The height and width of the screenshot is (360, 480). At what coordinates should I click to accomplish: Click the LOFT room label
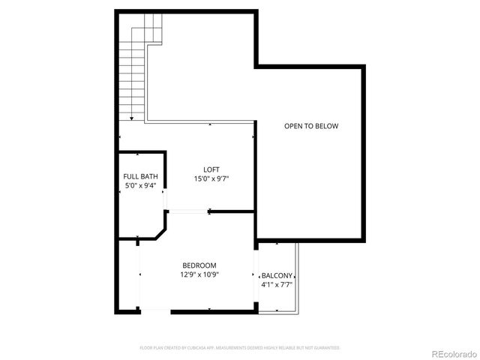pyautogui.click(x=211, y=169)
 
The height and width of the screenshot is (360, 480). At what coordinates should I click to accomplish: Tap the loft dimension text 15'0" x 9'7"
pyautogui.click(x=211, y=178)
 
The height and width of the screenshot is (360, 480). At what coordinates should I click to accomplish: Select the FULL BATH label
pyautogui.click(x=141, y=177)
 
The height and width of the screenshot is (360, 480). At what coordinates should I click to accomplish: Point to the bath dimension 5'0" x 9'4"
pyautogui.click(x=141, y=186)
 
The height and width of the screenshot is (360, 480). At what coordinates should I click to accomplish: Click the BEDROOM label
pyautogui.click(x=199, y=265)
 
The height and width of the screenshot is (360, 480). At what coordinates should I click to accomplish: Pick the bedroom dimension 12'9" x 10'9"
pyautogui.click(x=199, y=275)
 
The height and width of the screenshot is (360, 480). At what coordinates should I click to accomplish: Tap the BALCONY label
pyautogui.click(x=277, y=275)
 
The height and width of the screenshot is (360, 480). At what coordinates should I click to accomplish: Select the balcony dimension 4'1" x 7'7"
pyautogui.click(x=277, y=285)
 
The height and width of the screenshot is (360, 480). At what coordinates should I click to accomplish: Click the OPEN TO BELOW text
pyautogui.click(x=310, y=126)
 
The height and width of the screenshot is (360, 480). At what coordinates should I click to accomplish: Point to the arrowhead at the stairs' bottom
pyautogui.click(x=132, y=118)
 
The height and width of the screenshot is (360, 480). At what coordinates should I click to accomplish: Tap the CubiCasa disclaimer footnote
pyautogui.click(x=240, y=348)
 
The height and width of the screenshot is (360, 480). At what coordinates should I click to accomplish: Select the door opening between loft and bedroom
pyautogui.click(x=187, y=211)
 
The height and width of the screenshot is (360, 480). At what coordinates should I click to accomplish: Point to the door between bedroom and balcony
pyautogui.click(x=256, y=276)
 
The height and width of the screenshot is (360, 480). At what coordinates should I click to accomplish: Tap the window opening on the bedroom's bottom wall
pyautogui.click(x=155, y=310)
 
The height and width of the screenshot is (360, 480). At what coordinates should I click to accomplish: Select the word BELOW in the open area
pyautogui.click(x=325, y=126)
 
